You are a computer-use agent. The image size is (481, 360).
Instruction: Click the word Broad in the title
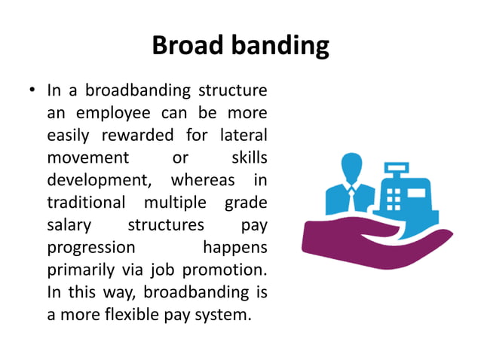click(x=184, y=46)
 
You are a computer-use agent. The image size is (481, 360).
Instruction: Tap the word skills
click(x=248, y=159)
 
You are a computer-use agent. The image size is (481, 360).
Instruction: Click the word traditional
click(x=86, y=203)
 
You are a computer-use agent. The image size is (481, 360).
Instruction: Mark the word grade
click(x=246, y=203)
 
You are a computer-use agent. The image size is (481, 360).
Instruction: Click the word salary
click(x=69, y=225)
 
